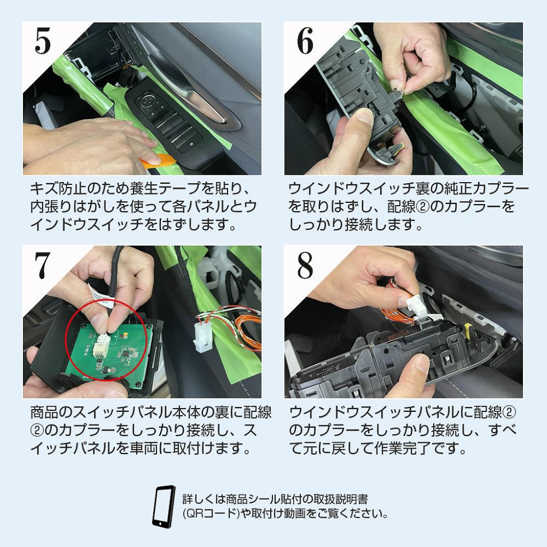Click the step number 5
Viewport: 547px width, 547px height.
tap(43, 42)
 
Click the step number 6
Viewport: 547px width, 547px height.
tap(305, 42)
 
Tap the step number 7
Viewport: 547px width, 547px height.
tap(42, 265)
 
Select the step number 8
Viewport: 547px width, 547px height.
tap(305, 265)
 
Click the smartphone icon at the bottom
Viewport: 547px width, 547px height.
tap(163, 506)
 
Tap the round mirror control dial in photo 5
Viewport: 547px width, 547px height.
tap(146, 102)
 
